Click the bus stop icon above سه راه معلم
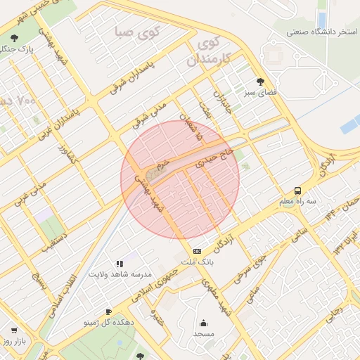pyautogui.click(x=298, y=191)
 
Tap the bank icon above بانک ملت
pyautogui.click(x=197, y=251)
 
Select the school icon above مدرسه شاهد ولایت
pyautogui.click(x=118, y=264)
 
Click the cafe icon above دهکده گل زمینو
pyautogui.click(x=108, y=311)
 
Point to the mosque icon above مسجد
pyautogui.click(x=204, y=323)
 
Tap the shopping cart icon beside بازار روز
pyautogui.click(x=13, y=330)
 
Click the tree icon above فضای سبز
pyautogui.click(x=261, y=81)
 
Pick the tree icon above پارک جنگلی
pyautogui.click(x=15, y=39)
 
